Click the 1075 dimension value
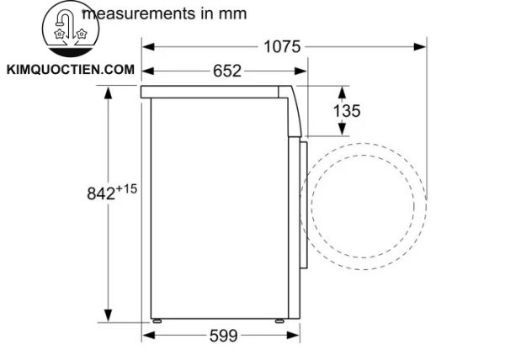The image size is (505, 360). [282, 46]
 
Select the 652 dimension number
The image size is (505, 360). [227, 71]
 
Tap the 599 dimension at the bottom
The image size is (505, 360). [224, 336]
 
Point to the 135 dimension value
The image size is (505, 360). [347, 111]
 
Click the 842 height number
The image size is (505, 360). [101, 193]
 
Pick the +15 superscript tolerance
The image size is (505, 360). [126, 189]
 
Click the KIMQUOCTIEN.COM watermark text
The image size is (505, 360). [70, 70]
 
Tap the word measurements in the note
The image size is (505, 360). [139, 13]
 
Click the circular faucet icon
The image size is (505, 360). [71, 29]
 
